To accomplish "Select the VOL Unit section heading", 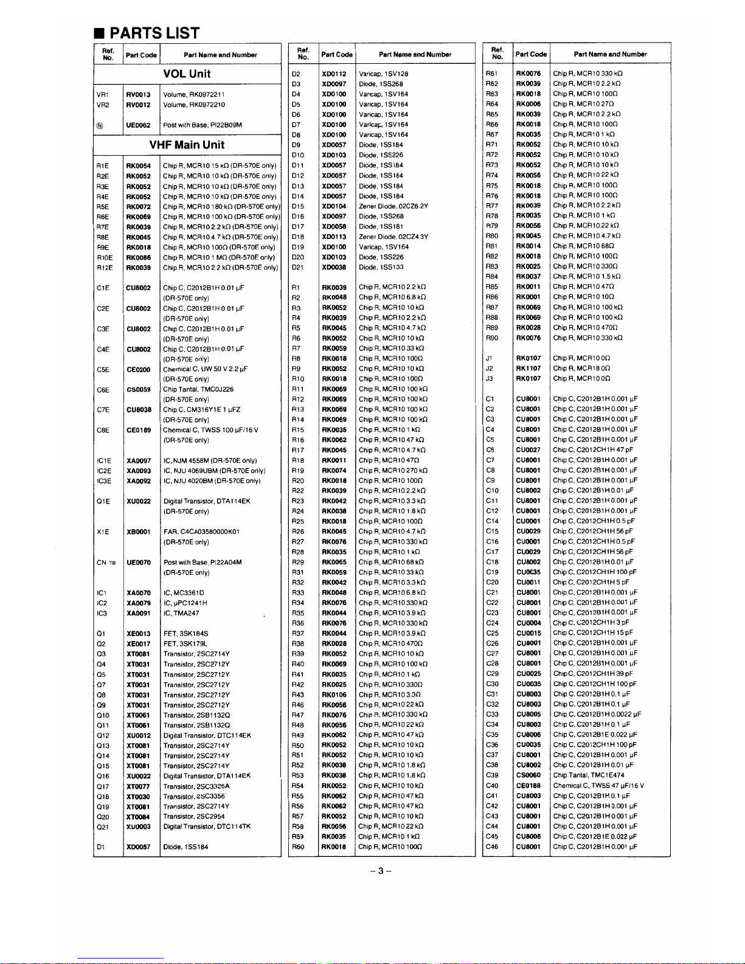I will tap(187, 74).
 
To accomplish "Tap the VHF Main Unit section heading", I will tap(187, 145).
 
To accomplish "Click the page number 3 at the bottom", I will tap(380, 870).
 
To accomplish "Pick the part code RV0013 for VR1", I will tap(139, 95).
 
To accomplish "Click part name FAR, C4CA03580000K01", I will tap(201, 532).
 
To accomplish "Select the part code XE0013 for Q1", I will tap(139, 634).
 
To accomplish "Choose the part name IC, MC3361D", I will tap(184, 593).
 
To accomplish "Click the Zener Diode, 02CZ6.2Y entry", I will tap(393, 206).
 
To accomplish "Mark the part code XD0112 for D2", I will tap(334, 74).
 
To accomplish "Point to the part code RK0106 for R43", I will tap(334, 695).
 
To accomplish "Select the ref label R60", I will tap(297, 847).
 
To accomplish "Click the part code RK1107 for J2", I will tap(528, 369).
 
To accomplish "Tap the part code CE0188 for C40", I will tap(528, 786).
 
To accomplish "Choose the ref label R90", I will tap(492, 338).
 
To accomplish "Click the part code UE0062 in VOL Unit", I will tap(139, 125).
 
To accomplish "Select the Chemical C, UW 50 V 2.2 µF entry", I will tap(206, 369).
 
